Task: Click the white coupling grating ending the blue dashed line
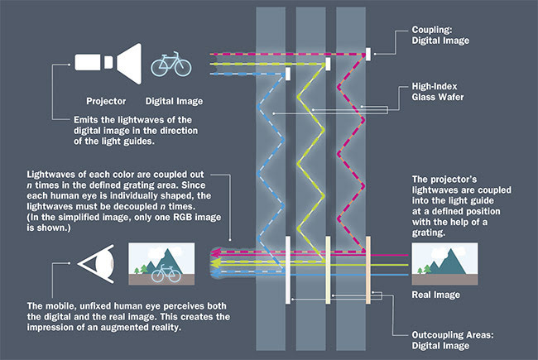coord(287,74)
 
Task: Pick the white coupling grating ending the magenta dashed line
coord(367,52)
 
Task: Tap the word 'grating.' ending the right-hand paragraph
coord(432,233)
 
